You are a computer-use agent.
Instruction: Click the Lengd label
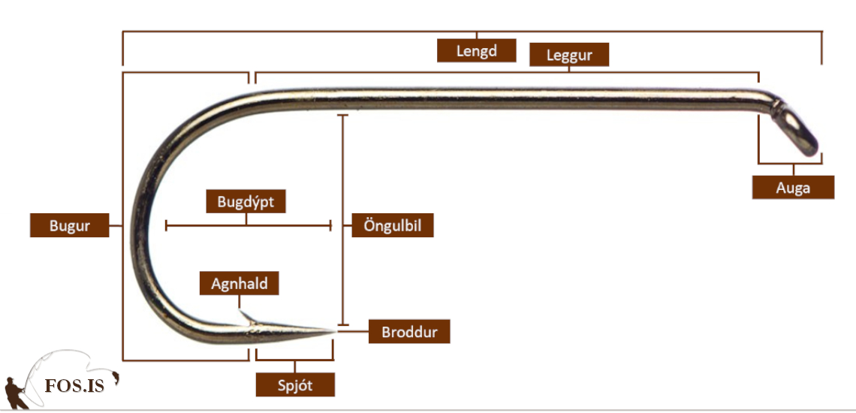tap(477, 51)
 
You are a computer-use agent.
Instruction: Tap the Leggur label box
tap(568, 55)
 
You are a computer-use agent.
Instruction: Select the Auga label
tap(793, 188)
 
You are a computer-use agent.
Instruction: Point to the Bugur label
tap(69, 225)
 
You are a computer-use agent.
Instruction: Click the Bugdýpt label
tap(246, 201)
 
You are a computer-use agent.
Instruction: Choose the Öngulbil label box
tap(392, 225)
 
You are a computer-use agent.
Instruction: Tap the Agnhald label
tap(239, 283)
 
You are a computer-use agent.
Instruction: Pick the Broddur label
tap(409, 332)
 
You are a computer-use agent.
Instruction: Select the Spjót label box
tap(295, 385)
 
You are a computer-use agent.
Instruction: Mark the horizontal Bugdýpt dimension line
tap(248, 225)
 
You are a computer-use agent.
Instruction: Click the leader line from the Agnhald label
tap(240, 303)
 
